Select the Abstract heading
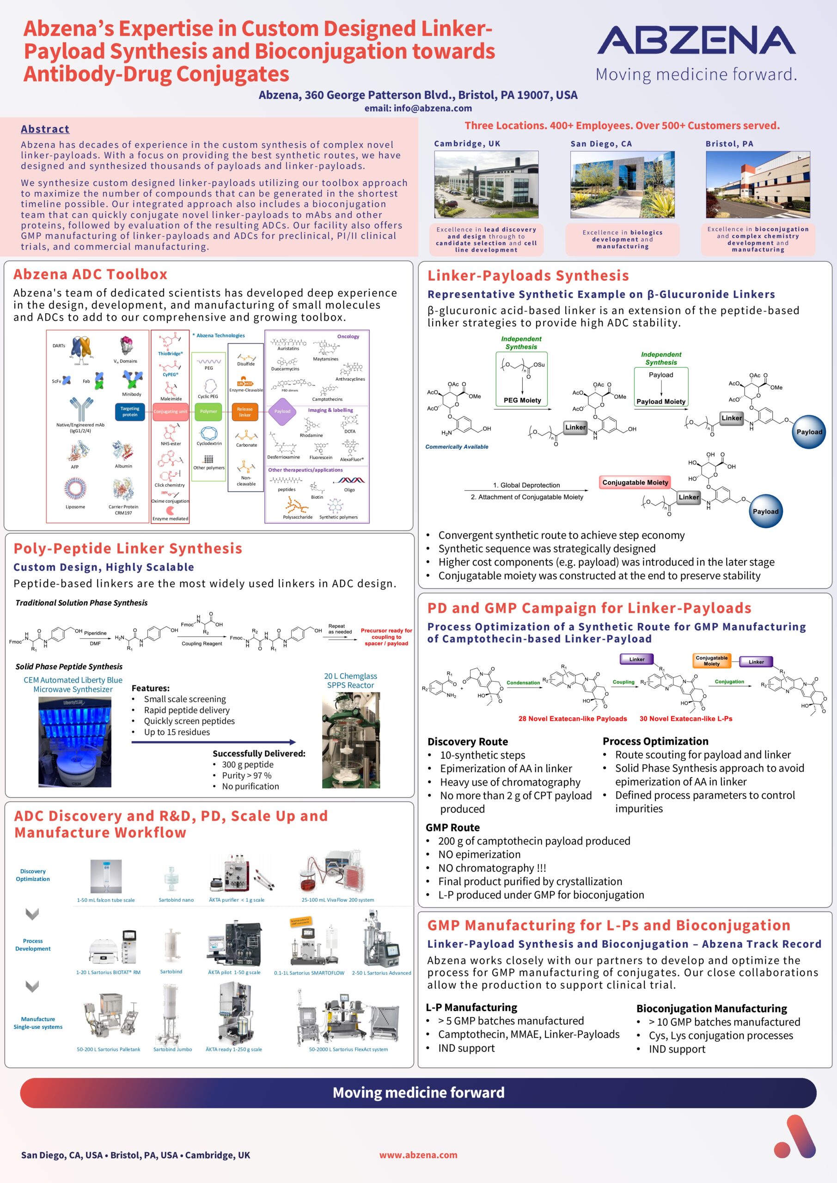(x=45, y=129)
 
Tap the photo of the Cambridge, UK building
(x=486, y=184)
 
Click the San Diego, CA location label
(x=600, y=144)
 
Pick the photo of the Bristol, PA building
(x=758, y=184)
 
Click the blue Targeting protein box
(x=130, y=411)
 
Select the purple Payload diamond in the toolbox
(x=282, y=411)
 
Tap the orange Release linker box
(x=245, y=411)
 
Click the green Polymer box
(x=208, y=411)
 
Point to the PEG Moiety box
(x=522, y=400)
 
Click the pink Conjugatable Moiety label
(x=635, y=482)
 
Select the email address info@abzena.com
(x=418, y=108)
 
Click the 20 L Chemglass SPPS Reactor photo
(x=350, y=740)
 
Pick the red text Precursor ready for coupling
(x=386, y=636)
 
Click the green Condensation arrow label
(x=523, y=683)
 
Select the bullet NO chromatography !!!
(x=492, y=868)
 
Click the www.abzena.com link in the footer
(x=418, y=1155)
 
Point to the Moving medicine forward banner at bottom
(x=418, y=1092)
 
